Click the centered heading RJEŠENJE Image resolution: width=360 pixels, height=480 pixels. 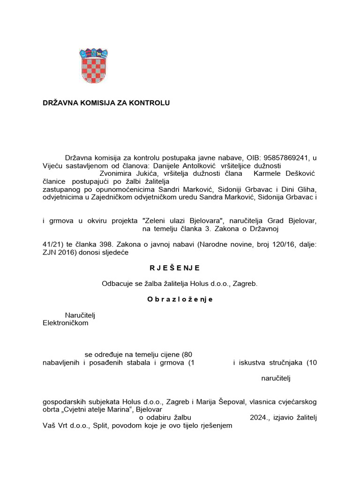point(175,268)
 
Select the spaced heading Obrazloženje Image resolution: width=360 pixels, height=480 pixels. point(180,300)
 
